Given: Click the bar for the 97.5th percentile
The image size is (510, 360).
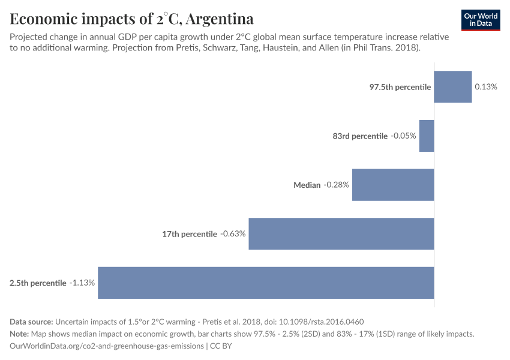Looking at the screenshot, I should [x=452, y=87].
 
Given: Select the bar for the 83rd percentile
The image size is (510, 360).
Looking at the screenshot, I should [x=426, y=136].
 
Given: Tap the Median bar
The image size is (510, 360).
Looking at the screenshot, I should [x=392, y=185].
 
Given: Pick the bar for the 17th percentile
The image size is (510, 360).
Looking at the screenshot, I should [x=341, y=234].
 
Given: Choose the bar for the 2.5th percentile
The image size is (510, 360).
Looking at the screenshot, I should [x=265, y=283].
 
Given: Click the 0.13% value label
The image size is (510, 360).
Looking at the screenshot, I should [x=486, y=87].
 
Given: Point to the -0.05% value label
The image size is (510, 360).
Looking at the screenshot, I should [x=403, y=136].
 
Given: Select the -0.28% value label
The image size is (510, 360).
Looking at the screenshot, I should [x=337, y=185].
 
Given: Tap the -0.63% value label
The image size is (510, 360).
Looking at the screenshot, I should [x=233, y=234].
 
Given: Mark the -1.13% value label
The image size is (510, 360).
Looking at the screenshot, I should [x=82, y=283].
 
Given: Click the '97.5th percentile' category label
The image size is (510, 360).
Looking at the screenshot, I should [x=400, y=87].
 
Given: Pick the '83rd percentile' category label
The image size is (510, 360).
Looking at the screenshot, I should [x=360, y=136].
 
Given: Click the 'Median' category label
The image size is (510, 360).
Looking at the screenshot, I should [x=307, y=185].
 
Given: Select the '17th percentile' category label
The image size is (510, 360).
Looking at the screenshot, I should [x=189, y=234].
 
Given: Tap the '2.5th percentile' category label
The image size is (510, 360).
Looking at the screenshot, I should [x=38, y=283].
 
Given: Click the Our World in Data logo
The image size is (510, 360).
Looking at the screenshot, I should [x=481, y=20].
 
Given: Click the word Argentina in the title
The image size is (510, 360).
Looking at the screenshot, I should [x=220, y=19].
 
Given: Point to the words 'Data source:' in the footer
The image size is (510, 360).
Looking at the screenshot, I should [x=31, y=322].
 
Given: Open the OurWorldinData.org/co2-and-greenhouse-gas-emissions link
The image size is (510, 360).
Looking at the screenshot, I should [x=106, y=346].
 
